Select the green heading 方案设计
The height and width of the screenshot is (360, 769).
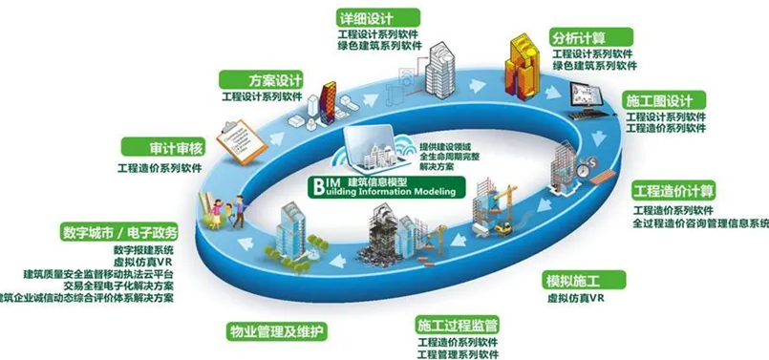pos(248,79)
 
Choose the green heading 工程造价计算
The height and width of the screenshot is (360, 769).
pos(674,189)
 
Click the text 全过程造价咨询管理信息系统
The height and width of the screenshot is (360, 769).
pos(700,223)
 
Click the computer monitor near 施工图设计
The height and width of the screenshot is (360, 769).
pos(584,95)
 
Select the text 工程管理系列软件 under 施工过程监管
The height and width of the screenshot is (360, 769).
pos(458,354)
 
